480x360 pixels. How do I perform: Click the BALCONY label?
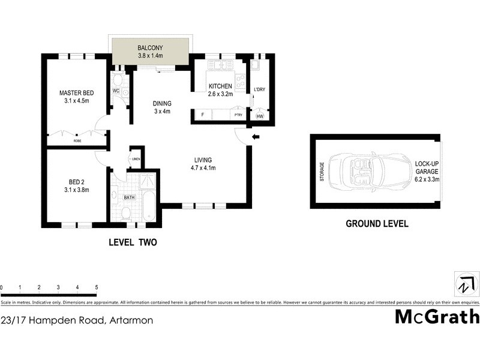point(150,48)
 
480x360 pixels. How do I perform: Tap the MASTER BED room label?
point(76,93)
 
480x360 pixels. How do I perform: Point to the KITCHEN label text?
point(220,86)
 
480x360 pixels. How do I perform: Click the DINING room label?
point(161,103)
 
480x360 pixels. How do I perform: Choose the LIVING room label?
point(204,160)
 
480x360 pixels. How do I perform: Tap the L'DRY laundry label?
point(260,90)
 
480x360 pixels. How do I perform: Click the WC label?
point(116,91)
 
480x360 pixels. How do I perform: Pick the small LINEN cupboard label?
point(136,159)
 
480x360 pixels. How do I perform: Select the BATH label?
point(129,197)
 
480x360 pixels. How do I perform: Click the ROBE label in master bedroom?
point(77,141)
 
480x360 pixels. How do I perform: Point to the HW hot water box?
point(260,116)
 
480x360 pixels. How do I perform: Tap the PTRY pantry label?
point(238,115)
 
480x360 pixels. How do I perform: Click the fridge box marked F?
point(203,115)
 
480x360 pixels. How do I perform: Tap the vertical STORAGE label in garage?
point(322,172)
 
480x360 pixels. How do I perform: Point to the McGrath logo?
point(437,316)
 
